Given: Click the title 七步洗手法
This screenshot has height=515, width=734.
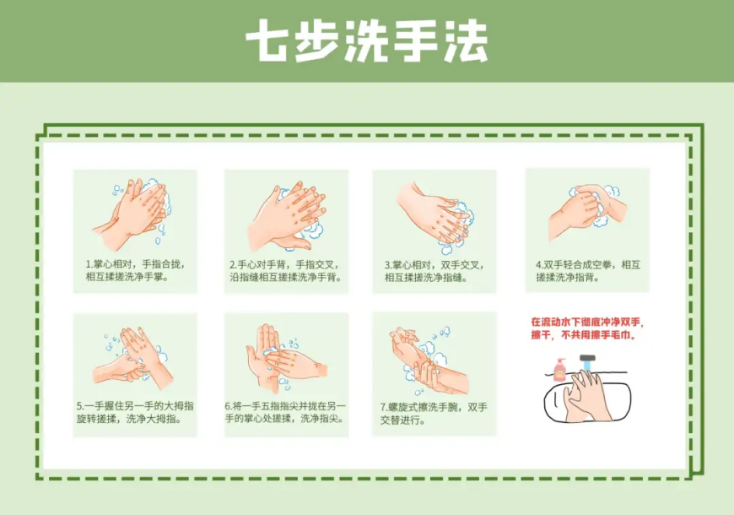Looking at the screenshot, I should tap(367, 41).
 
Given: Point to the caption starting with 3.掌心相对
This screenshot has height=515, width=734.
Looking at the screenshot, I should tap(434, 270).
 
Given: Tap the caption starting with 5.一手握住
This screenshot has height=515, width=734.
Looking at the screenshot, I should tap(135, 412).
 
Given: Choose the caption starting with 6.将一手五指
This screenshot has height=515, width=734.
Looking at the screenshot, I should tap(286, 412).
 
